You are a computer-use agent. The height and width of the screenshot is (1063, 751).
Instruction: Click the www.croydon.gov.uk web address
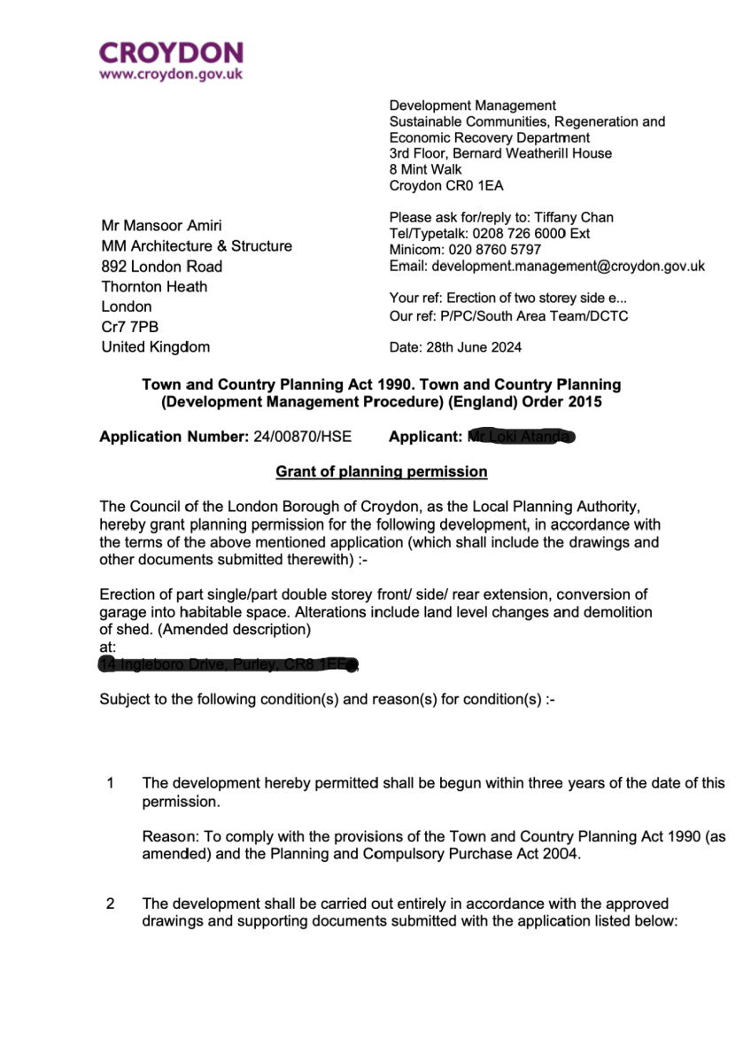(x=171, y=75)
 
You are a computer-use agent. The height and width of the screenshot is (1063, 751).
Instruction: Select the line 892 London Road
(x=162, y=266)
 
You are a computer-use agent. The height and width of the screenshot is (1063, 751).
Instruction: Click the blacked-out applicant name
(x=523, y=437)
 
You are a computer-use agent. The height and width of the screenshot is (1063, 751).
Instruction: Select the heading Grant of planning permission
(x=382, y=471)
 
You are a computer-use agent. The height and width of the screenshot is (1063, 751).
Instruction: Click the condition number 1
(x=110, y=783)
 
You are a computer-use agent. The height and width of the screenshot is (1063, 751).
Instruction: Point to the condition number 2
(x=110, y=904)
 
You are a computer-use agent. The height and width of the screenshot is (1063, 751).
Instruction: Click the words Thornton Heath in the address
(x=154, y=286)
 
